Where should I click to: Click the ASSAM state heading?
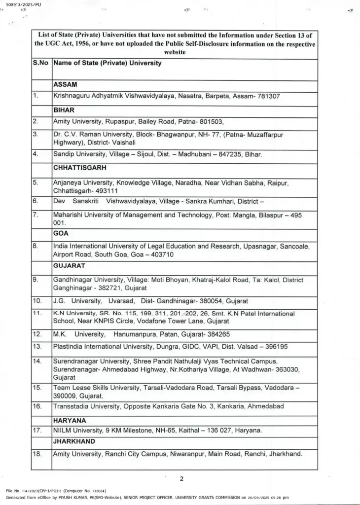pyautogui.click(x=65, y=84)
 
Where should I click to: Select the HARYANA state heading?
pyautogui.click(x=70, y=420)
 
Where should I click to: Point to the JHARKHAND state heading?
pyautogui.click(x=74, y=441)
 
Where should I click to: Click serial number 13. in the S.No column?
pyautogui.click(x=37, y=346)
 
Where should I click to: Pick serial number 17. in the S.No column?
pyautogui.click(x=37, y=431)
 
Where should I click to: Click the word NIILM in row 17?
pyautogui.click(x=62, y=431)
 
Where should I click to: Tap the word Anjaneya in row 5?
pyautogui.click(x=70, y=182)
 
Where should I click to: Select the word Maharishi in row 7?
pyautogui.click(x=70, y=215)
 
